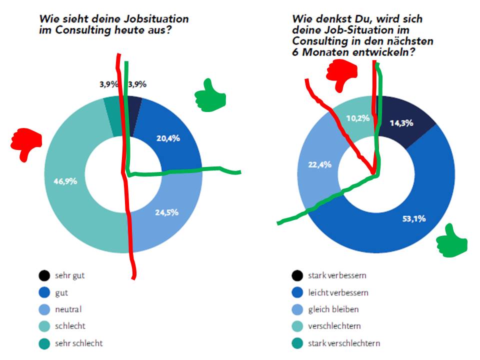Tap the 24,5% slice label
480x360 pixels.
pos(166,212)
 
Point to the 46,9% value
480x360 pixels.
pos(65,181)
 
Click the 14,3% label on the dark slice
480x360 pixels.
pos(401,123)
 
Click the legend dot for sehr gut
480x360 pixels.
pos(44,275)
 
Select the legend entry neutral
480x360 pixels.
pos(72,309)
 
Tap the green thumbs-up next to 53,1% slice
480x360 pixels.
pos(451,243)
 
